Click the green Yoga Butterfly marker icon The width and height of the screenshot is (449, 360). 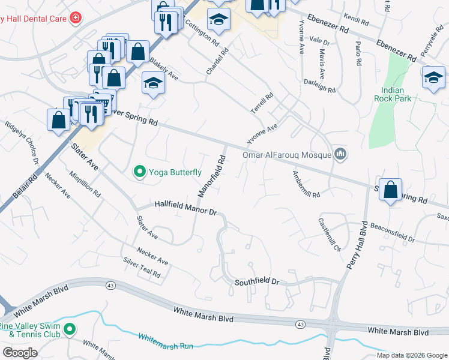tap(140, 172)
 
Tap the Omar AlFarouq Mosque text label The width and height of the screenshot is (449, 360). tap(287, 155)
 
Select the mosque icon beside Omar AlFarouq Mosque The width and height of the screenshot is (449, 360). tap(341, 155)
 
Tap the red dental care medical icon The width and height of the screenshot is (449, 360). tap(75, 19)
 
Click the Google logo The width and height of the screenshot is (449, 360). tap(20, 352)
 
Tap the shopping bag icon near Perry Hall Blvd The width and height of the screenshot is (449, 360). tap(390, 190)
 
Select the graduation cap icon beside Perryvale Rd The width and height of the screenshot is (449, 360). tap(433, 77)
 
